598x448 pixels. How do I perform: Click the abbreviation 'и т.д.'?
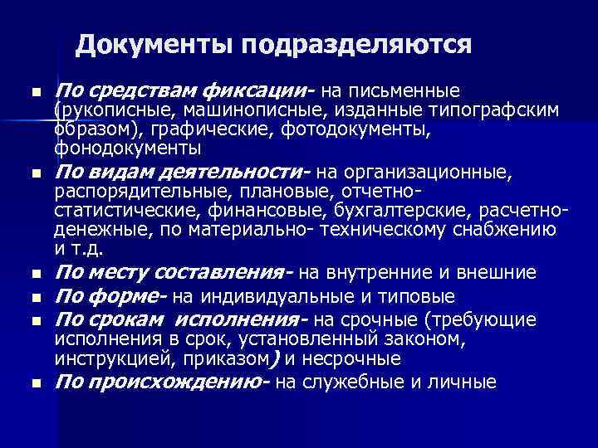(81, 248)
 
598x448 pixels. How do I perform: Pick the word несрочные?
(359, 358)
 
